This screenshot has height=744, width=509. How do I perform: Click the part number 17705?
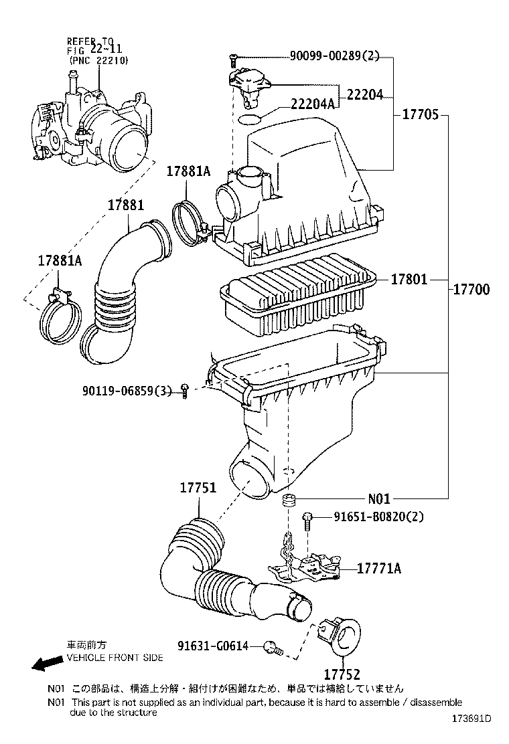click(x=420, y=114)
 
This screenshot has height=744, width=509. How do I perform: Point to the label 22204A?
click(x=312, y=103)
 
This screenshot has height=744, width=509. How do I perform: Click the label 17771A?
click(x=378, y=568)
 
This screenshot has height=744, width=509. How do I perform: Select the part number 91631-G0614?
click(x=213, y=646)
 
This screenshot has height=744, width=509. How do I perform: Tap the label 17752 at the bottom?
click(x=342, y=674)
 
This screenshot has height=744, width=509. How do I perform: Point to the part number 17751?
click(x=197, y=488)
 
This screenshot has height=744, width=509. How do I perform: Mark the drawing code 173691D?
click(x=469, y=720)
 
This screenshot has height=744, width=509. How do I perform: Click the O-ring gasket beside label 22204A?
click(x=250, y=119)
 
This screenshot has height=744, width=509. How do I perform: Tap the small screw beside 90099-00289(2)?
click(x=232, y=60)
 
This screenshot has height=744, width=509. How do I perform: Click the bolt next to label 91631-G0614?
click(x=272, y=647)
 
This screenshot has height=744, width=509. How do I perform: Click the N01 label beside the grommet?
click(x=378, y=498)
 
